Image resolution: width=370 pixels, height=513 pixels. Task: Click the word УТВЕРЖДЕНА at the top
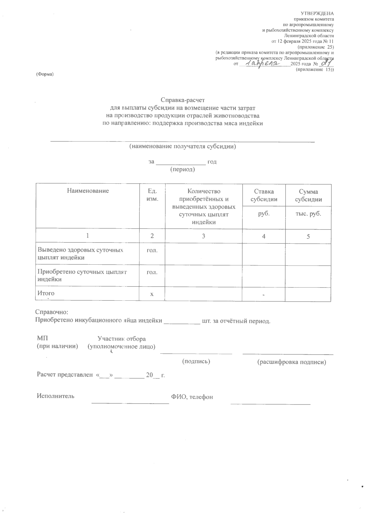coord(317,13)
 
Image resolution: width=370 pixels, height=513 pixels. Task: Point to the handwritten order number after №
coord(326,63)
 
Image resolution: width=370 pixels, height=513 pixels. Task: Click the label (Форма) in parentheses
coord(45,74)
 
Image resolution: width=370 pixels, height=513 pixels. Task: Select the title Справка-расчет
coord(183,100)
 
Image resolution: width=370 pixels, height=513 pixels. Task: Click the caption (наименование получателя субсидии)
coord(183,146)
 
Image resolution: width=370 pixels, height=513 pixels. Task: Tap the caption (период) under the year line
coord(183,169)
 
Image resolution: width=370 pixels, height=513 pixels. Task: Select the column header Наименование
coord(88,191)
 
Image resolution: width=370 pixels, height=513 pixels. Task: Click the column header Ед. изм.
coord(152,195)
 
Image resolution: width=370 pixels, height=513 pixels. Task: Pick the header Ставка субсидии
coord(264,195)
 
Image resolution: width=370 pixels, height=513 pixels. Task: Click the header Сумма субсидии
coord(308,195)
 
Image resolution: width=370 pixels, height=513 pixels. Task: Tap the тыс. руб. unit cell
coord(308,214)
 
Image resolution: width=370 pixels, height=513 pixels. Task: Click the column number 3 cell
coord(203,236)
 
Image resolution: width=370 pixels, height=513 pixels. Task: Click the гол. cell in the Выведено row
coord(152,250)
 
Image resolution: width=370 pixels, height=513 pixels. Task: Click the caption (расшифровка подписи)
coord(291,362)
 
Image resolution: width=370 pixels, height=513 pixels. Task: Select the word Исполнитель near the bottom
coord(55,396)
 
